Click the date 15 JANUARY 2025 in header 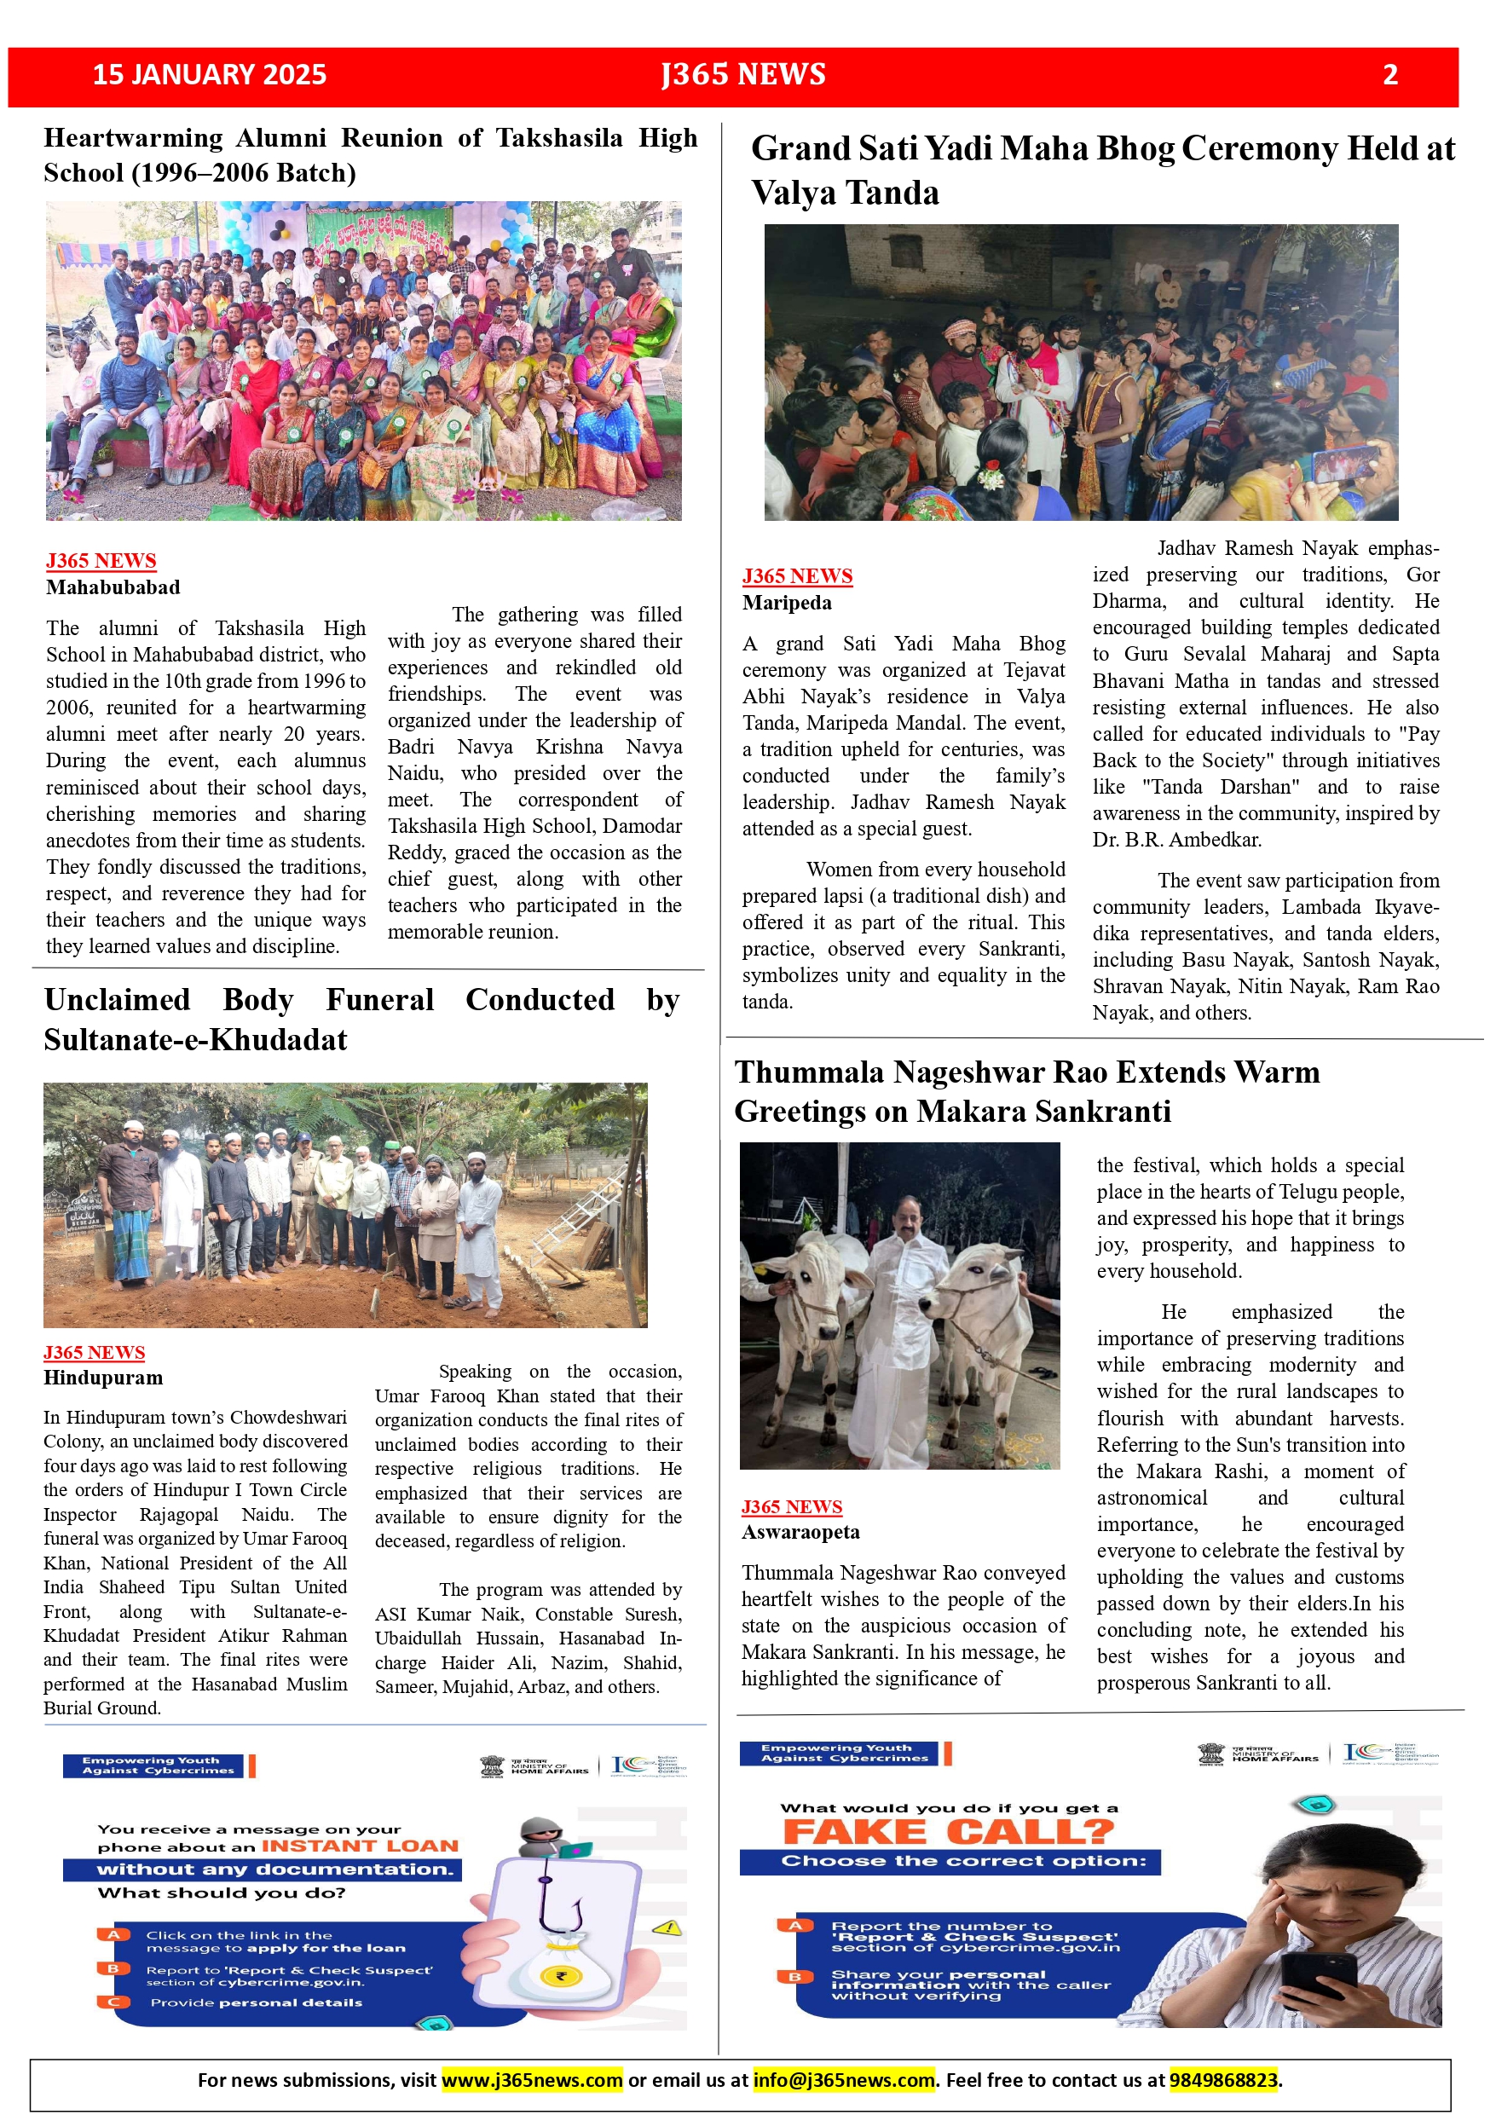(x=210, y=75)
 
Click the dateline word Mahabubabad (x=113, y=587)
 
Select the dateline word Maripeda (x=787, y=604)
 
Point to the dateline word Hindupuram (x=103, y=1378)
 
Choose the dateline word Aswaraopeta (x=800, y=1532)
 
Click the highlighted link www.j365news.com (x=533, y=2080)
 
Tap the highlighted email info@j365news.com (x=844, y=2080)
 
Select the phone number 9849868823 (x=1223, y=2080)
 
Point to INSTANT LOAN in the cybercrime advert (x=361, y=1846)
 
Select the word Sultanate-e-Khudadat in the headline (x=195, y=1040)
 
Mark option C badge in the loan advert (x=113, y=2002)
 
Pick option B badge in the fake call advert (x=794, y=1977)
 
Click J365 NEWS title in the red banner (x=743, y=75)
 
